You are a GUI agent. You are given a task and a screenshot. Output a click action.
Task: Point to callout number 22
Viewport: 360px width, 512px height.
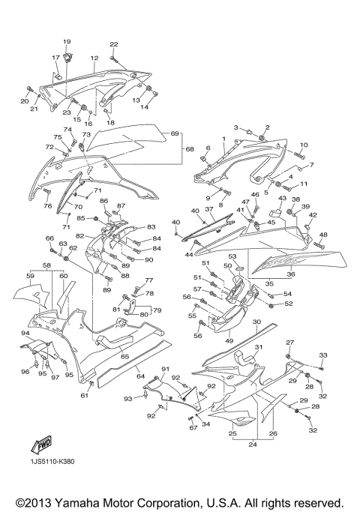pyautogui.click(x=114, y=44)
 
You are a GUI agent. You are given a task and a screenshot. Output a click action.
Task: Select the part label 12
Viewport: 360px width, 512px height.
pyautogui.click(x=95, y=58)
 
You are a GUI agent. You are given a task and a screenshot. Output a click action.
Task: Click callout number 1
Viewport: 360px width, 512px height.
pyautogui.click(x=223, y=139)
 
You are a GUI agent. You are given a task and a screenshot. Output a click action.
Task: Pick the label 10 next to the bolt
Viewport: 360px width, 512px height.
pyautogui.click(x=303, y=145)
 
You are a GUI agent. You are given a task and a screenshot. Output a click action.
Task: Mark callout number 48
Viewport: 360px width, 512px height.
pyautogui.click(x=323, y=235)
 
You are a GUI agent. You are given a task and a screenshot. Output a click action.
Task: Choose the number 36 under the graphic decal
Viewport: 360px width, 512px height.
pyautogui.click(x=291, y=276)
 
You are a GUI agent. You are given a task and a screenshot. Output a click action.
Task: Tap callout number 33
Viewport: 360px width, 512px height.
pyautogui.click(x=323, y=355)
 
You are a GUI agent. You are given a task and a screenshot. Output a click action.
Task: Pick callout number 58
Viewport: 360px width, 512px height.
pyautogui.click(x=46, y=265)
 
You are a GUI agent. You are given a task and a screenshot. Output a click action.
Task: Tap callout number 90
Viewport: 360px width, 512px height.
pyautogui.click(x=149, y=260)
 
